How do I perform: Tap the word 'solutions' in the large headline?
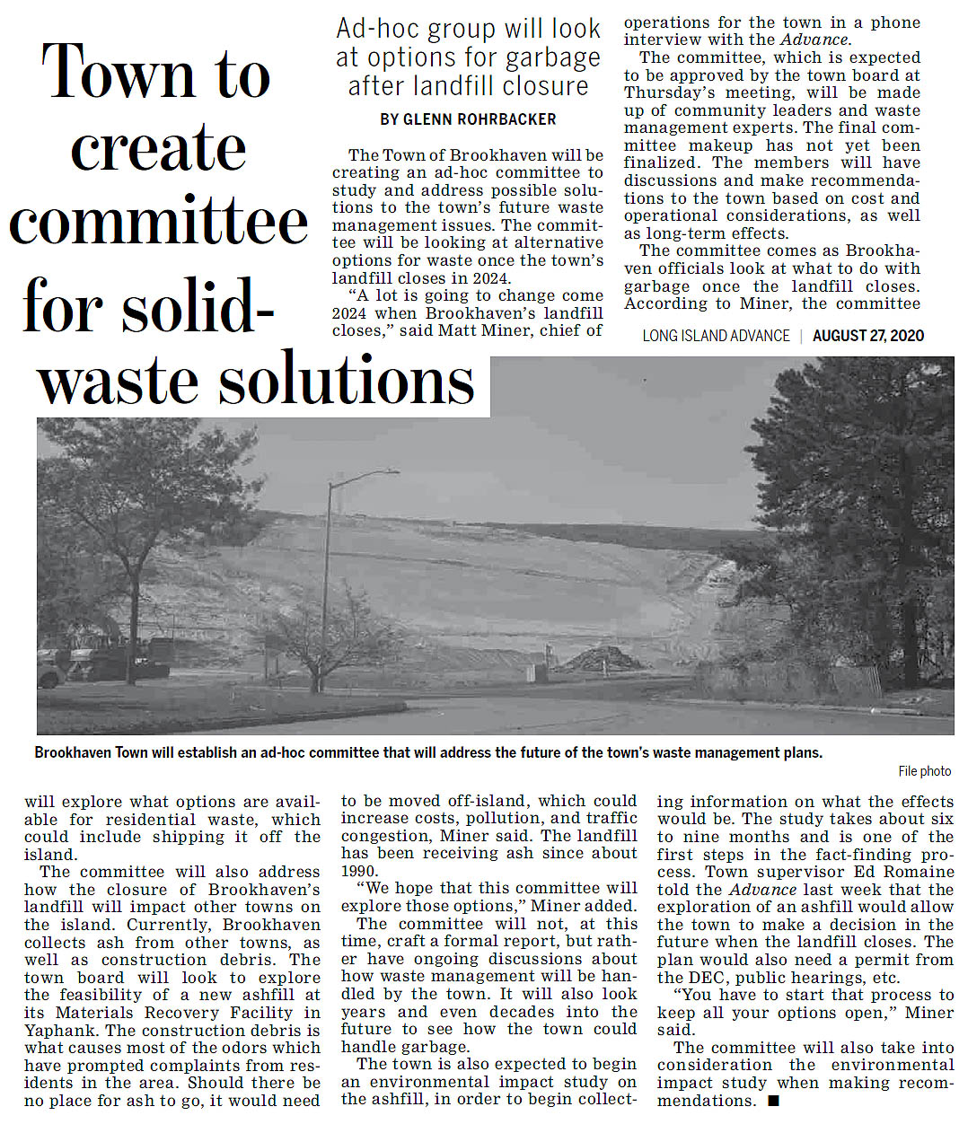tap(347, 382)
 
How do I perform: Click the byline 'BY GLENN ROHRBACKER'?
tap(468, 119)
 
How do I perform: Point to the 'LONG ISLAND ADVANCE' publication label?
tap(716, 336)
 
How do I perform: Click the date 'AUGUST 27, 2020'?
tap(867, 336)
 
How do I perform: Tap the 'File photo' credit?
tap(924, 771)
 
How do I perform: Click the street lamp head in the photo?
tap(389, 471)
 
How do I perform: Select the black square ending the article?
tap(774, 1101)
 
